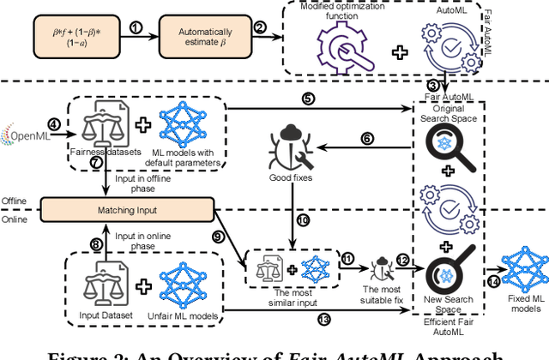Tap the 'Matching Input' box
pyautogui.click(x=106, y=208)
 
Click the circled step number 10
pyautogui.click(x=302, y=219)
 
